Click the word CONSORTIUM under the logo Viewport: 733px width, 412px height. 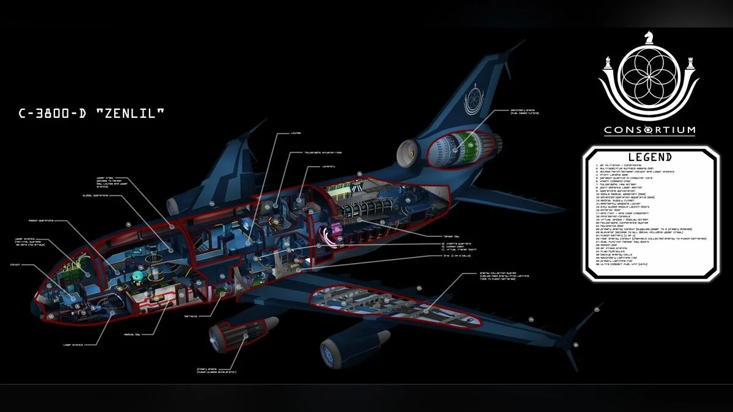coord(649,130)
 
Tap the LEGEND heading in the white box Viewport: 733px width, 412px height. coord(649,157)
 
